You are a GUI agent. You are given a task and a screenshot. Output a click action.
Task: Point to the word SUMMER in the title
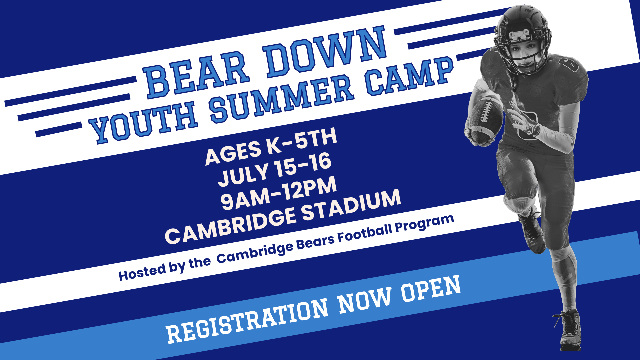(281, 97)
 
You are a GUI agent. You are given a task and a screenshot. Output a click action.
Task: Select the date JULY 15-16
(275, 170)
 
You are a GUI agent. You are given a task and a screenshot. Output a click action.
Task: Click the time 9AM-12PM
(279, 193)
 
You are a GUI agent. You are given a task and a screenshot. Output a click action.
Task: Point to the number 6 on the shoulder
(570, 63)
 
